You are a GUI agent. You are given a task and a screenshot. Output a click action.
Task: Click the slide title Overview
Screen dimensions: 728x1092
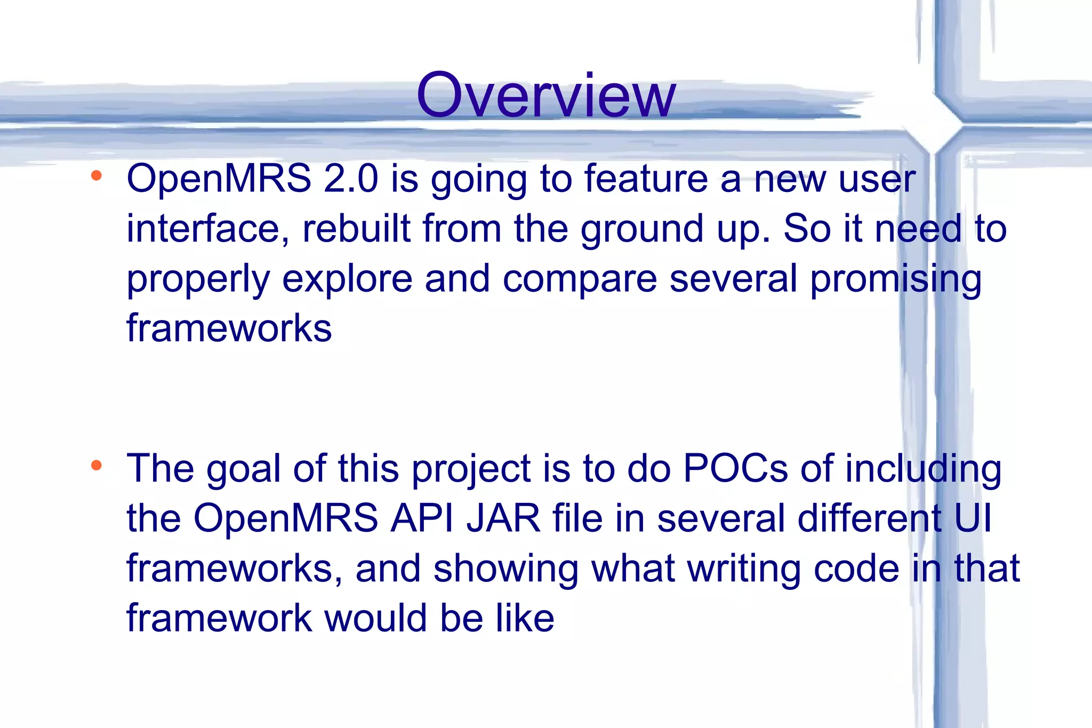click(x=546, y=96)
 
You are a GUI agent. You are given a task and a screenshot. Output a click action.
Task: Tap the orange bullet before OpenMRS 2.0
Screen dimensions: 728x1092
click(x=97, y=175)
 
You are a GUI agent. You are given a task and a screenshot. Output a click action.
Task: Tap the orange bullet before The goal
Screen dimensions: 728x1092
click(x=97, y=466)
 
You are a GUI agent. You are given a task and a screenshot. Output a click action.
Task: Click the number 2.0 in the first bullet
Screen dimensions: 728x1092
click(x=350, y=179)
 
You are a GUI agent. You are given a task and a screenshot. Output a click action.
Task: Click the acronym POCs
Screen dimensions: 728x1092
click(x=735, y=468)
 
